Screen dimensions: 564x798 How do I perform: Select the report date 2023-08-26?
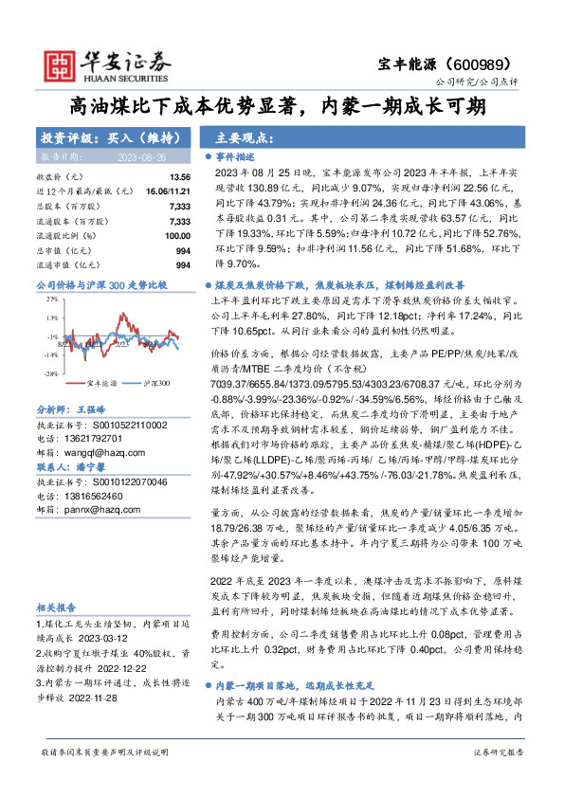(x=143, y=155)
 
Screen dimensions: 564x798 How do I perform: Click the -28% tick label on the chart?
(x=51, y=373)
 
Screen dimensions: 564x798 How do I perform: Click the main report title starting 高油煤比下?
(x=282, y=108)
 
